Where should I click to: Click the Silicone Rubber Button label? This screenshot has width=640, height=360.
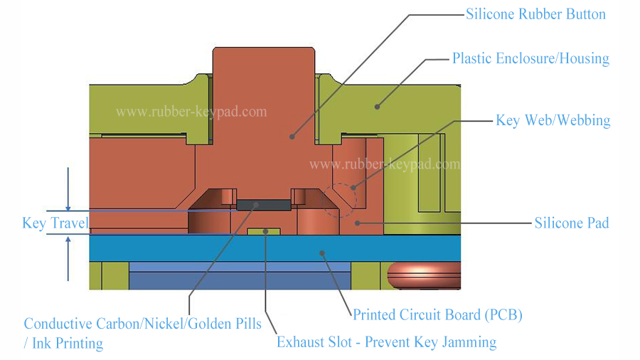tap(535, 14)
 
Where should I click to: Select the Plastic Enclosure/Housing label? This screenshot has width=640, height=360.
tap(530, 58)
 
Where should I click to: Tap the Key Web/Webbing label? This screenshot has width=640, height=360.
tap(553, 120)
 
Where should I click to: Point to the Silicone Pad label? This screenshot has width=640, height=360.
tap(571, 223)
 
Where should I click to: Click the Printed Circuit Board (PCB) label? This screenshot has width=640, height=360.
tap(437, 314)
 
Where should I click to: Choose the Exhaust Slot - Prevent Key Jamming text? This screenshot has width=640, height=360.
tap(386, 342)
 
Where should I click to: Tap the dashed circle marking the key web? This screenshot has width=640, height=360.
tap(340, 200)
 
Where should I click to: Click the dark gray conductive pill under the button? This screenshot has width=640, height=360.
tap(263, 204)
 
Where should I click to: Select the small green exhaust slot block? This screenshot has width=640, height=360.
tap(265, 231)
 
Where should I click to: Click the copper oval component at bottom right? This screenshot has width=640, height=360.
tap(423, 276)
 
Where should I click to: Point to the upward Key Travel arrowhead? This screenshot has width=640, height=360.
tap(68, 240)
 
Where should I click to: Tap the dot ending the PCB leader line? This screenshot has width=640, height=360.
tap(321, 251)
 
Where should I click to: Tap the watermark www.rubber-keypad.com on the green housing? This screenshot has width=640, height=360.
tap(192, 112)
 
